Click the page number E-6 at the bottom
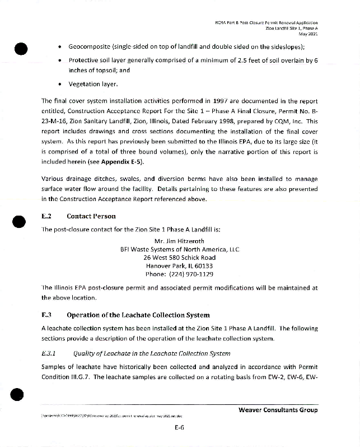tap(180, 427)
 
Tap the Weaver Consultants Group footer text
tap(278, 410)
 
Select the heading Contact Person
tap(91, 216)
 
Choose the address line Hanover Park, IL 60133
tap(179, 266)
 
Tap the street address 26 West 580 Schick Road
tap(179, 258)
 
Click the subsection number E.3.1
tap(50, 353)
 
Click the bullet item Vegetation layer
tap(93, 84)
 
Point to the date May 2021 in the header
tap(309, 34)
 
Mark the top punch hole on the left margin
tap(21, 49)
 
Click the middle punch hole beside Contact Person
tap(21, 222)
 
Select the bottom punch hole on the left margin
tap(21, 395)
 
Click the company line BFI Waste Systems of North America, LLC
tap(179, 250)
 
